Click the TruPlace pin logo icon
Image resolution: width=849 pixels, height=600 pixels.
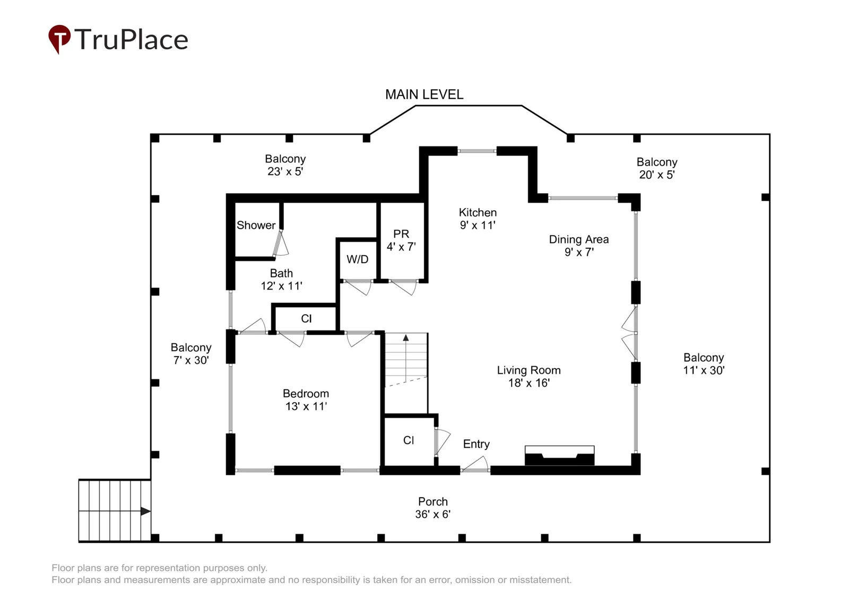[x=59, y=39]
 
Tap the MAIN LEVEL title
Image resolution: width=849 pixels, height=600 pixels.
[x=424, y=94]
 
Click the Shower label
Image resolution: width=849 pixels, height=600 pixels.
[x=256, y=225]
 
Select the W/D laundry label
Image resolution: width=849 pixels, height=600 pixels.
[x=358, y=259]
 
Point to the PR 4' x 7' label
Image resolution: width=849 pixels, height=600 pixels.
[x=401, y=240]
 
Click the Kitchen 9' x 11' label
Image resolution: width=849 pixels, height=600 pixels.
[x=478, y=219]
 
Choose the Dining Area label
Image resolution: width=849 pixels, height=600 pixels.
[x=579, y=246]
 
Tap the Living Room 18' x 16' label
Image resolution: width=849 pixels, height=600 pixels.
[x=529, y=376]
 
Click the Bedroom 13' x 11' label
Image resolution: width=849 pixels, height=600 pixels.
[x=306, y=400]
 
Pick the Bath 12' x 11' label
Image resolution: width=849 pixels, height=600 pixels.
[x=281, y=280]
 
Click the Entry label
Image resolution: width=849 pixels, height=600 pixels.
[x=477, y=444]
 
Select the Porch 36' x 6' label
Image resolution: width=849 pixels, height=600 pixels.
[x=433, y=508]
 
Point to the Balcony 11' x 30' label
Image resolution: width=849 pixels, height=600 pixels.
[x=704, y=364]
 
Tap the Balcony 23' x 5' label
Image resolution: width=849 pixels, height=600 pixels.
[x=285, y=165]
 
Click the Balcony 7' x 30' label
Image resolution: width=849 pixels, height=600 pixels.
[x=191, y=354]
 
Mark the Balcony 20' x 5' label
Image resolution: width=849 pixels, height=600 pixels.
[x=657, y=168]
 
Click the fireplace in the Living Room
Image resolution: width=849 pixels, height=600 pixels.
[x=559, y=456]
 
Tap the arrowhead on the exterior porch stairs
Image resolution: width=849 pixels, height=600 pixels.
[x=145, y=511]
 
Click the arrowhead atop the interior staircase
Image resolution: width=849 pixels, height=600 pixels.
[x=406, y=338]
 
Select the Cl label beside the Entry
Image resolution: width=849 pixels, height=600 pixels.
[x=409, y=440]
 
